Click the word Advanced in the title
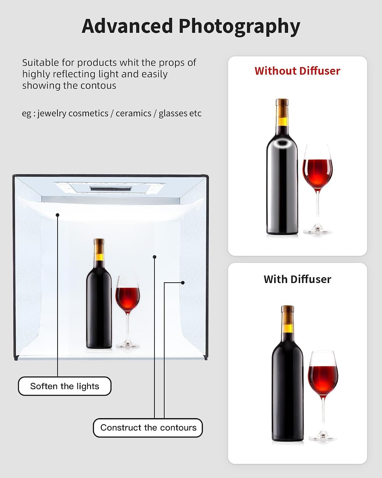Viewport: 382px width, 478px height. click(127, 26)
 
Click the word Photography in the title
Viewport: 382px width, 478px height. click(239, 27)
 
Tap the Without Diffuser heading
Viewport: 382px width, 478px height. click(297, 71)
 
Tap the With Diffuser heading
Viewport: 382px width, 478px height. click(297, 279)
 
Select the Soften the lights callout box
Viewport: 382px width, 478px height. click(65, 386)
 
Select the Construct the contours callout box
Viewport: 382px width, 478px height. click(148, 428)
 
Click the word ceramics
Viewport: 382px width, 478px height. click(133, 113)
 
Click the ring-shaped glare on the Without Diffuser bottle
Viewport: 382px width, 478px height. click(282, 143)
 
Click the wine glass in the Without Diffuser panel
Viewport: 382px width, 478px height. click(318, 189)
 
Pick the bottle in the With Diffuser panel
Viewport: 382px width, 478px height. click(288, 373)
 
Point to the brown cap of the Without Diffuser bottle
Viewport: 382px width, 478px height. click(282, 108)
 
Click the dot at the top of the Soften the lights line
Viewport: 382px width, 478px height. click(58, 215)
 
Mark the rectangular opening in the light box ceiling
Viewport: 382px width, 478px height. click(111, 189)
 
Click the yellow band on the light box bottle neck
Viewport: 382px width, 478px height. click(99, 257)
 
